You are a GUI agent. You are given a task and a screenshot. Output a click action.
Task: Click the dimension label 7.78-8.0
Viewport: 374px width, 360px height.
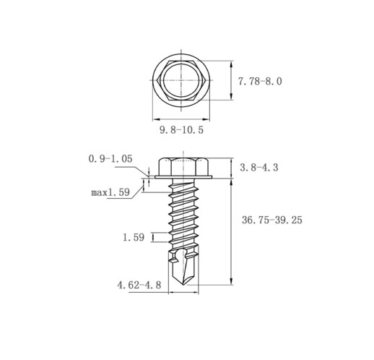coord(260,82)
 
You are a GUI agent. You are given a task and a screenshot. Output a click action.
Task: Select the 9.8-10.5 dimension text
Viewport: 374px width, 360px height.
coord(182,130)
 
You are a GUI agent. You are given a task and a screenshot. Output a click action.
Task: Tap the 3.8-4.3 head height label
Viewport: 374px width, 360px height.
coord(259,168)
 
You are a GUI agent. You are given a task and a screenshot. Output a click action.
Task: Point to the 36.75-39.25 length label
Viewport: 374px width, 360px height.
coord(272,220)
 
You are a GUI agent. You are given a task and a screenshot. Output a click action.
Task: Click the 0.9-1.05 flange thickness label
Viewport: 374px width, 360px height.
coord(110,159)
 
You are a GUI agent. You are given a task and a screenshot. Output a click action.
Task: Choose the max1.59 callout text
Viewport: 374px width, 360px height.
coord(110,192)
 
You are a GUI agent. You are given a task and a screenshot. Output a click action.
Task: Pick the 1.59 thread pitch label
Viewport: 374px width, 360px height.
coord(134,238)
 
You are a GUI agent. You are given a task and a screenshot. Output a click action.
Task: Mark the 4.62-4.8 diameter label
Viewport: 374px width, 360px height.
coord(139,286)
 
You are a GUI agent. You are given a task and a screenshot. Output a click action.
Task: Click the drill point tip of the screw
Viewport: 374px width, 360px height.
coord(183,285)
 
